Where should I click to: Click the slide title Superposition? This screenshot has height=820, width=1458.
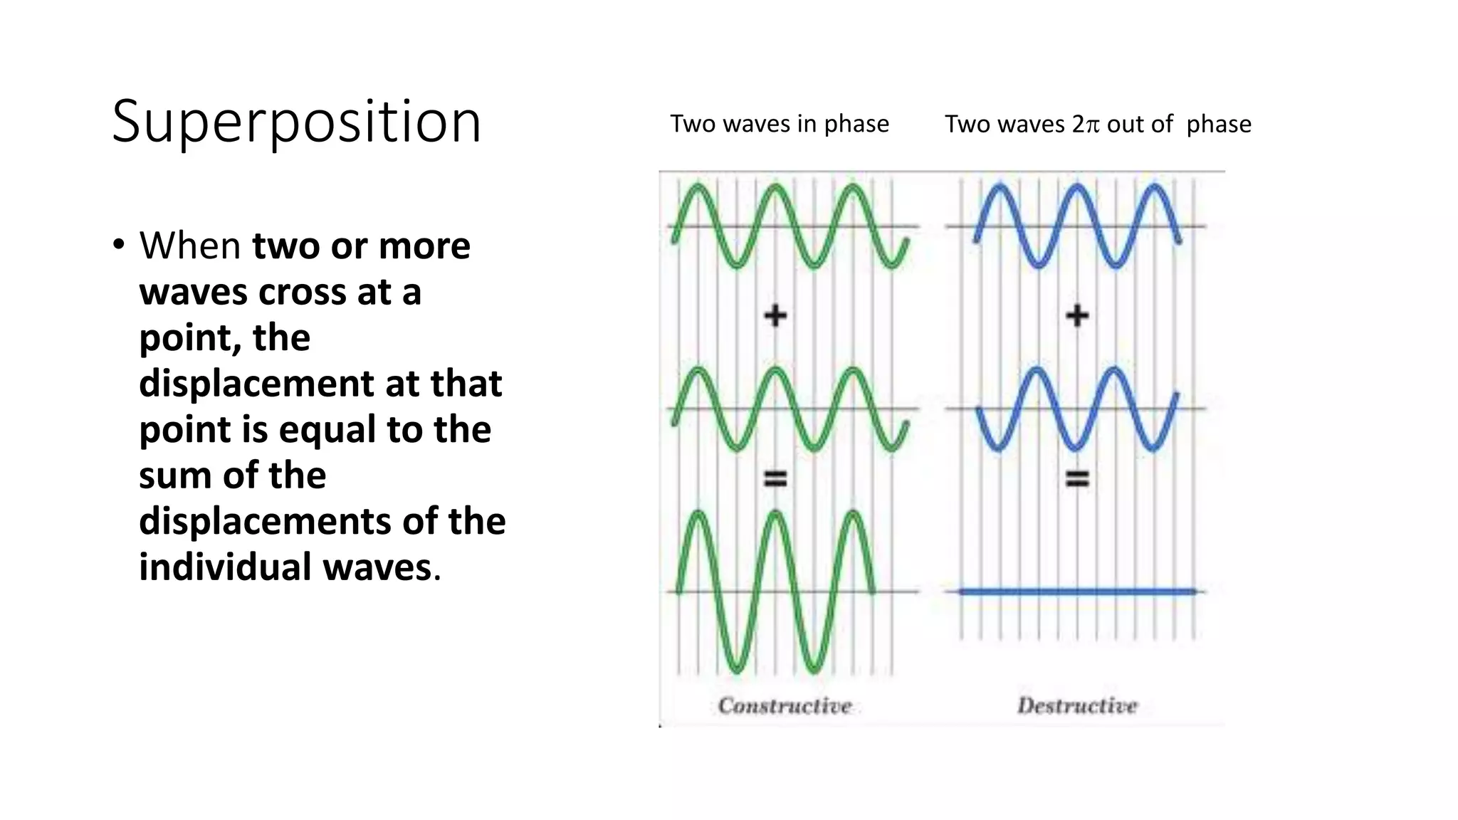[x=296, y=122]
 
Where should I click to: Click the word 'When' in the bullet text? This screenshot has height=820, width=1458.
[x=190, y=246]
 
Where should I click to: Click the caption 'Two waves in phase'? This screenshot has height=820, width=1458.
[x=780, y=124]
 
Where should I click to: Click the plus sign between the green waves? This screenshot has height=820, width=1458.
[x=775, y=315]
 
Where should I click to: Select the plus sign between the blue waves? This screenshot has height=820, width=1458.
[x=1077, y=315]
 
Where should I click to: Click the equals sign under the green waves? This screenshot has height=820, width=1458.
[x=775, y=478]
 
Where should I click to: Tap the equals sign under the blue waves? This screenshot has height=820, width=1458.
[x=1077, y=478]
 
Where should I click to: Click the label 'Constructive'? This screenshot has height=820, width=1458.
[x=785, y=705]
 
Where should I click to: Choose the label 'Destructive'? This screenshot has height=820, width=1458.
[x=1077, y=705]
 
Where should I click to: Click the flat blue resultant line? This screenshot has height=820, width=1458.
[x=1077, y=591]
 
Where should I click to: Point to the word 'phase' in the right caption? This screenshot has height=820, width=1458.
[x=1218, y=125]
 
